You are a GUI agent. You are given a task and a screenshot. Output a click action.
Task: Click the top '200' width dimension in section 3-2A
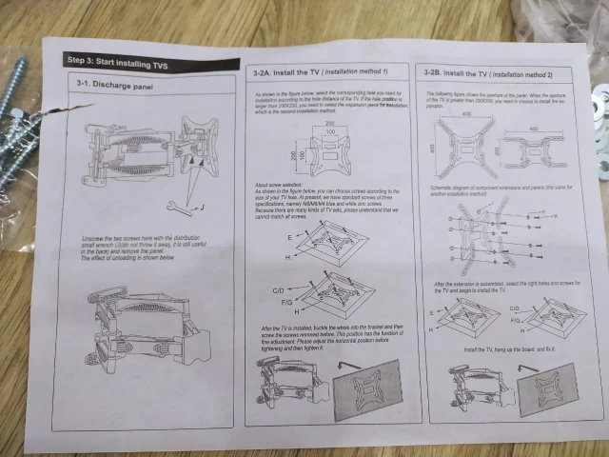328,125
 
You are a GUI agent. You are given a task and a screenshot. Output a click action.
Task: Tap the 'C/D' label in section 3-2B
515,308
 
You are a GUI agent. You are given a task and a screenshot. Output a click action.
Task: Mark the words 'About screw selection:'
276,184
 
